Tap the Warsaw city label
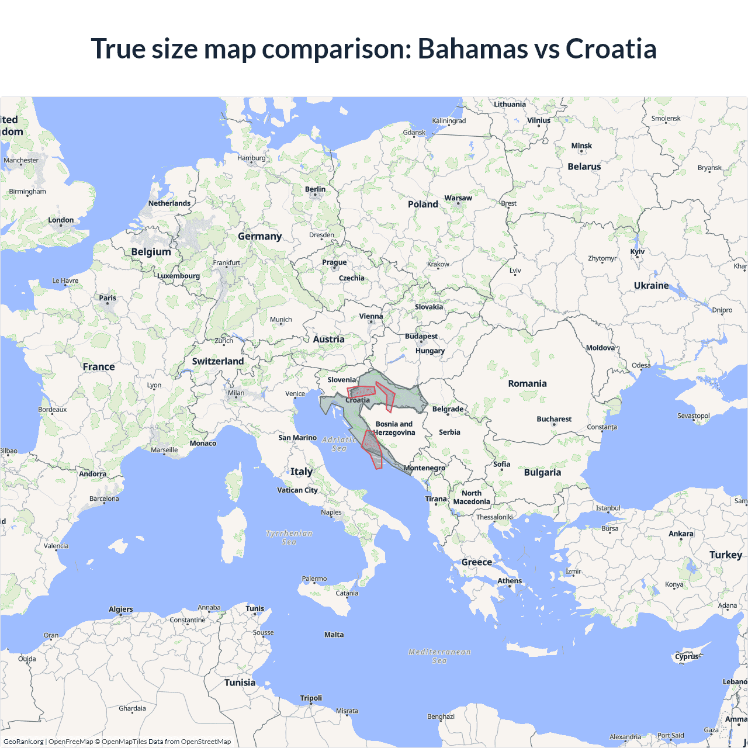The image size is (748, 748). tap(458, 198)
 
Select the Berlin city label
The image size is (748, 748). tap(315, 189)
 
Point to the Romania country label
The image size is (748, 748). tap(527, 383)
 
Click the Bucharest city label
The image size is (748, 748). tap(554, 419)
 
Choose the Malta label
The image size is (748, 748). tap(334, 635)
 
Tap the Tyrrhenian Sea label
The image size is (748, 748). tap(289, 538)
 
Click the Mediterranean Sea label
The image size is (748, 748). tap(439, 656)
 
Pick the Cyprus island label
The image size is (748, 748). tap(687, 656)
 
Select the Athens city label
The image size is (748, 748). tap(510, 580)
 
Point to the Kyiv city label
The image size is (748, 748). tap(637, 252)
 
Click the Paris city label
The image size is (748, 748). tap(108, 298)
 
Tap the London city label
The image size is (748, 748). tap(61, 220)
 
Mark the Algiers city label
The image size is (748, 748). tap(121, 609)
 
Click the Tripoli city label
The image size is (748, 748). tap(311, 698)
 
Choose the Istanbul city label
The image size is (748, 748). tap(608, 508)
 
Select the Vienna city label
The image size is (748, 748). tap(371, 316)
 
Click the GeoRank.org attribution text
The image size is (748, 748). tap(23, 742)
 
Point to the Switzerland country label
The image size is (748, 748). tap(218, 361)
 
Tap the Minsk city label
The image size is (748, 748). tap(581, 146)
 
